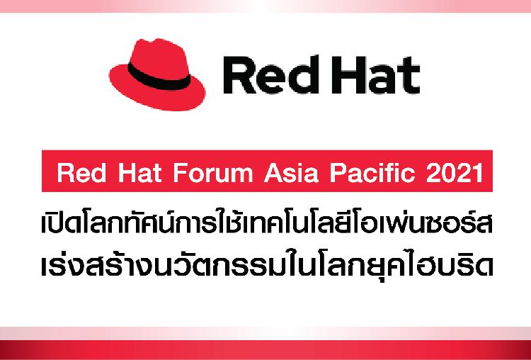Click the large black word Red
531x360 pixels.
tap(270, 75)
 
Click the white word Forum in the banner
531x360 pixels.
tap(213, 172)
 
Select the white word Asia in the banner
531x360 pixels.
tap(291, 172)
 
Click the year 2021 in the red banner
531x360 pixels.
tap(455, 172)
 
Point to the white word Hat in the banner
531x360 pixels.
tap(139, 172)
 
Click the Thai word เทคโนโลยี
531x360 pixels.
tap(296, 224)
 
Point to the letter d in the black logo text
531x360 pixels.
tap(301, 75)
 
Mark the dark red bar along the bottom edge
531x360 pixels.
tap(265, 350)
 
